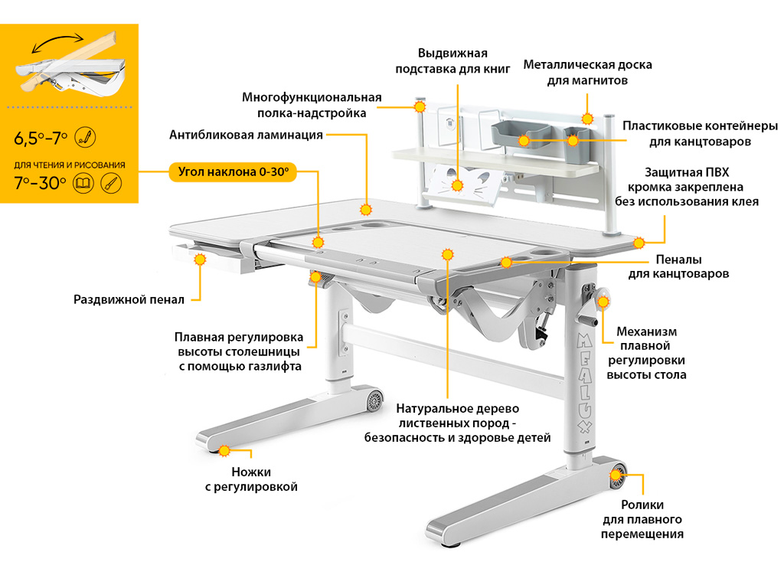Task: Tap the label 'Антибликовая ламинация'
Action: (x=246, y=136)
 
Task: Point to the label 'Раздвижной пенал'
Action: (x=129, y=299)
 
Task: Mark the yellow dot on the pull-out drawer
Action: (x=201, y=260)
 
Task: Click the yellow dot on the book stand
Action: (x=458, y=185)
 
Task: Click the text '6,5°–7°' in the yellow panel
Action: (x=41, y=139)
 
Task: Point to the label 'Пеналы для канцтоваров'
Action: (x=678, y=266)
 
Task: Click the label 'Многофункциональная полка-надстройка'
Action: (x=312, y=105)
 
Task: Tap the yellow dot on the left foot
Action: (x=224, y=450)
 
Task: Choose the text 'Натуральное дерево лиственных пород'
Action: (x=457, y=423)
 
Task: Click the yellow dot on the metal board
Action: (x=587, y=118)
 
